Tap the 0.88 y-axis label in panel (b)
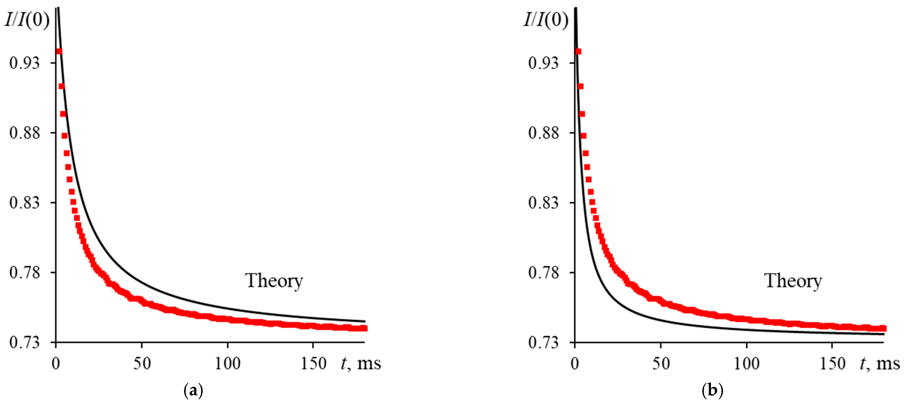[543, 133]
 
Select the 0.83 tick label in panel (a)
[24, 203]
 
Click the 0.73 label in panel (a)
[24, 343]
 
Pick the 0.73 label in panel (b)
[543, 343]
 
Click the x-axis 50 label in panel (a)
[142, 364]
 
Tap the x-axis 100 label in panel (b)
[746, 364]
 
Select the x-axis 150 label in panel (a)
[313, 364]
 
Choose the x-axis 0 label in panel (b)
[575, 364]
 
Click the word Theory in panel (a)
[274, 281]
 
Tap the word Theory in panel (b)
[793, 281]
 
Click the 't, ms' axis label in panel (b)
[880, 364]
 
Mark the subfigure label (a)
[193, 390]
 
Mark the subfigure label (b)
[712, 390]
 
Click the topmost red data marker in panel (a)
[59, 52]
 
